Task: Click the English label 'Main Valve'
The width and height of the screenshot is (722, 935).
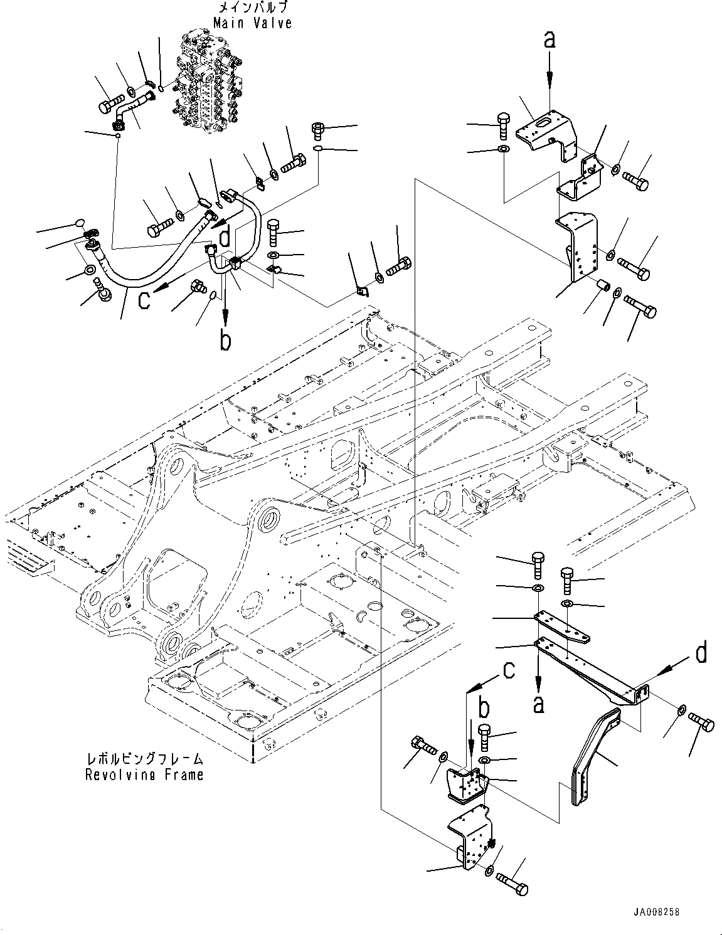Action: [x=252, y=23]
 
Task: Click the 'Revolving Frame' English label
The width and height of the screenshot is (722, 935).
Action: [x=144, y=774]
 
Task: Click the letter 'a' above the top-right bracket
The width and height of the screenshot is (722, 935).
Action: [x=549, y=41]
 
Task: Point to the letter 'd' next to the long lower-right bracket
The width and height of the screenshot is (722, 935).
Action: [x=701, y=653]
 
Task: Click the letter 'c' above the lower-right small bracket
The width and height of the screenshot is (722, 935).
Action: [x=509, y=670]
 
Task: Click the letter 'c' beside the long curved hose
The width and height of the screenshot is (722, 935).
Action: [x=144, y=300]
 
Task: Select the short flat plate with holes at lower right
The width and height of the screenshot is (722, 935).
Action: [x=561, y=628]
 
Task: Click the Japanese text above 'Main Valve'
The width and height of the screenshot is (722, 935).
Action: [x=252, y=8]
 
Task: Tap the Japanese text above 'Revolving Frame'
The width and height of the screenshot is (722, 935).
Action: [x=144, y=759]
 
